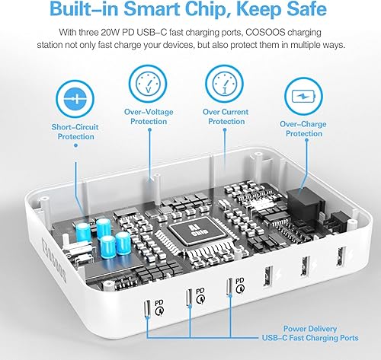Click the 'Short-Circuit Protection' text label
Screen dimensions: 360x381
click(74, 132)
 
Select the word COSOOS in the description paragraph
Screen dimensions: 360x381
click(270, 33)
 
